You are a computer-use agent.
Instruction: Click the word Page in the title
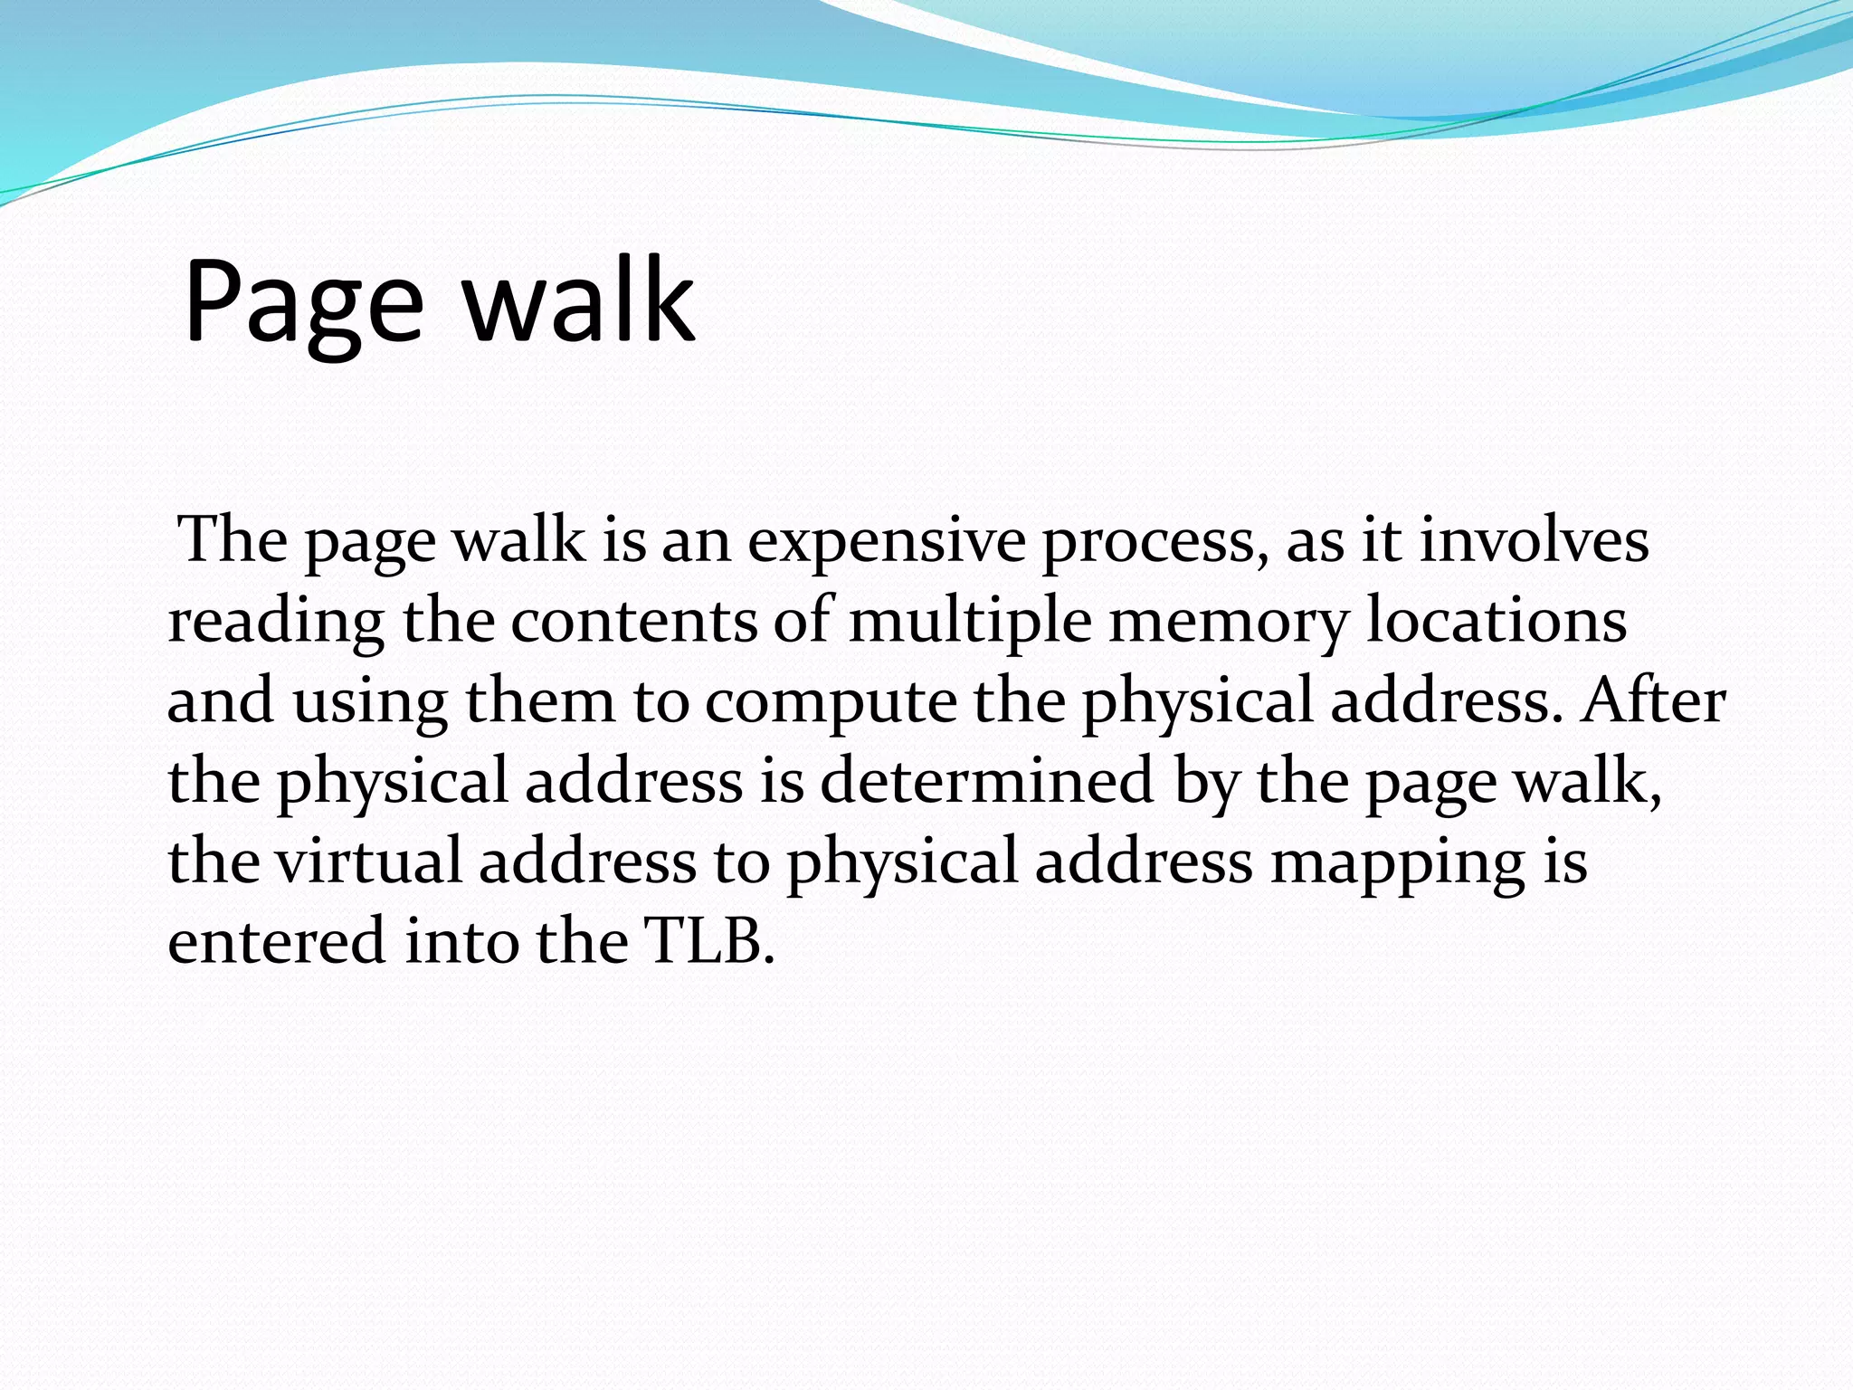303,303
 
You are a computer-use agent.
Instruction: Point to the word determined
986,780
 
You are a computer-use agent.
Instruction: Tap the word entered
276,941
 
